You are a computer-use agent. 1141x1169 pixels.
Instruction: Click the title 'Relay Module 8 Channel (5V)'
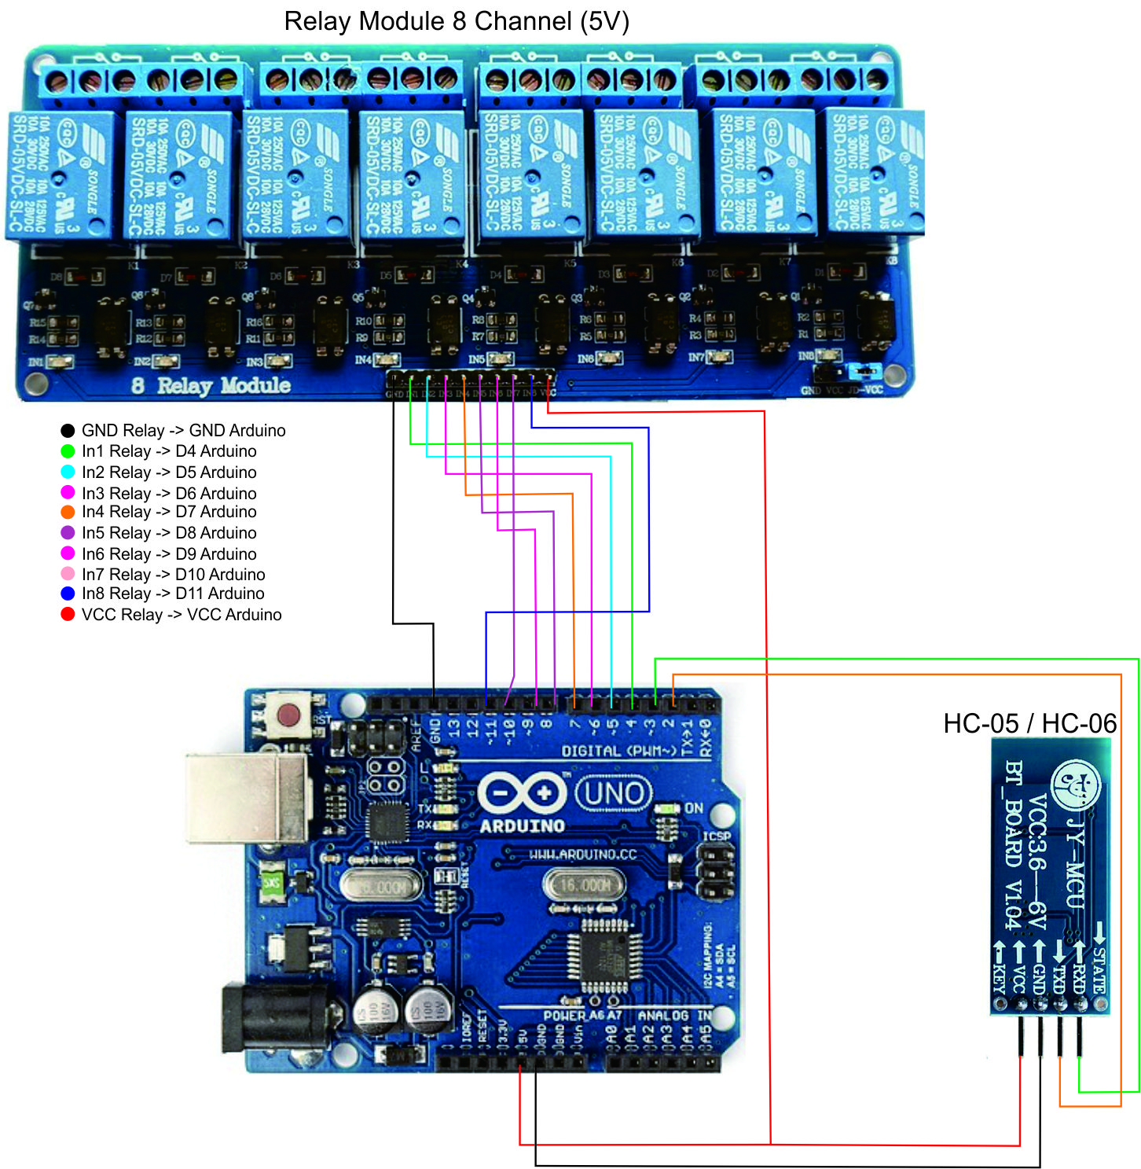[x=457, y=21]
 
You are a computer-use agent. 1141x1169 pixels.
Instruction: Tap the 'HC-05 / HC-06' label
[x=1029, y=723]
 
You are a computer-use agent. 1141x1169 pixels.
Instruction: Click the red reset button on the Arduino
[x=288, y=715]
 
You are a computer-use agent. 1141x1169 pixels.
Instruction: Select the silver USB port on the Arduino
[x=248, y=798]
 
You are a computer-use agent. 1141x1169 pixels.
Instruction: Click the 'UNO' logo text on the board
[x=614, y=794]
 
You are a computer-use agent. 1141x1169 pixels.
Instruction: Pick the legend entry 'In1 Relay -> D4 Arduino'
[x=169, y=451]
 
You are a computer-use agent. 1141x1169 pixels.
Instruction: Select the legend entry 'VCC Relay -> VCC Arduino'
[x=182, y=615]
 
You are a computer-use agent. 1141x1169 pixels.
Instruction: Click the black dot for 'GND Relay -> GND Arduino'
[x=68, y=431]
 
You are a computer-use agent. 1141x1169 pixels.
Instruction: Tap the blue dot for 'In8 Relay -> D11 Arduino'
[x=68, y=594]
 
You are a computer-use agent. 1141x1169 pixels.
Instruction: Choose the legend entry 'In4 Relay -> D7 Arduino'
[x=169, y=512]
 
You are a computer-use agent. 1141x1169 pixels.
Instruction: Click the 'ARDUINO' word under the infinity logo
[x=523, y=826]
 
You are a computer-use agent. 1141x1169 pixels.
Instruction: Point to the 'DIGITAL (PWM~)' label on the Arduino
[x=618, y=752]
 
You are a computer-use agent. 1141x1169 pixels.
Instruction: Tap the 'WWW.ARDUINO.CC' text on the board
[x=582, y=855]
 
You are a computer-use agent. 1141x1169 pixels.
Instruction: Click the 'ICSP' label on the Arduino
[x=716, y=836]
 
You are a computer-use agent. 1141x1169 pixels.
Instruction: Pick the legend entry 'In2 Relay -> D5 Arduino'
[x=169, y=472]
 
